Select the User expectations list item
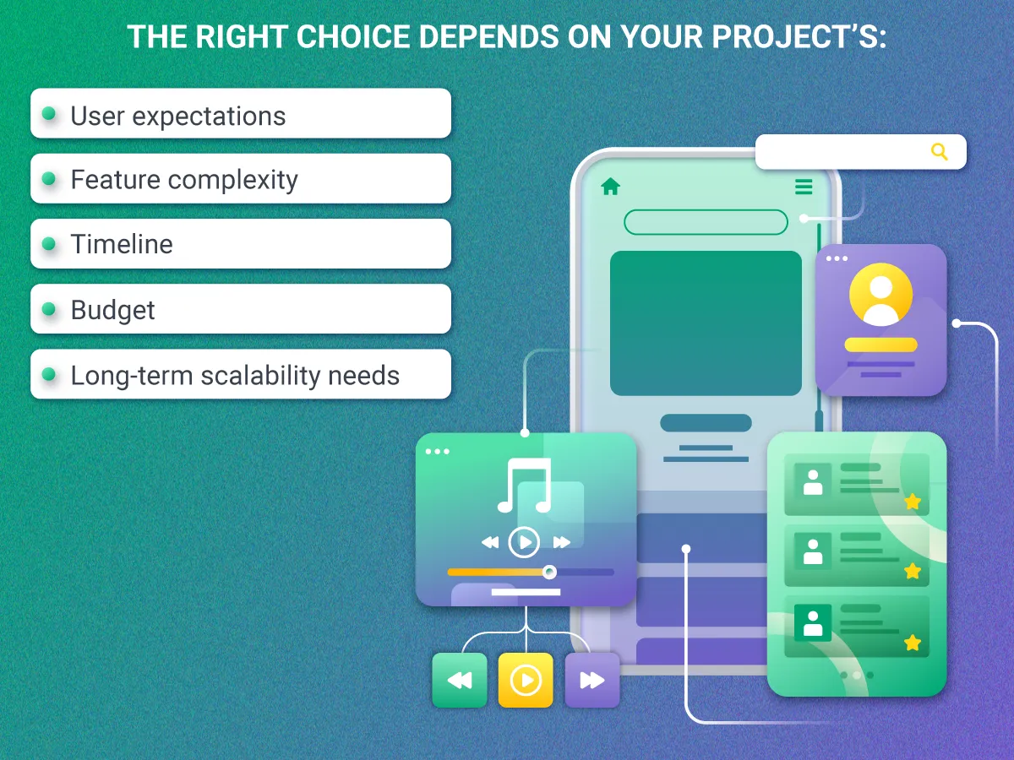click(240, 114)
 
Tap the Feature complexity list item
click(240, 179)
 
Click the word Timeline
click(122, 244)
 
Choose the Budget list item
click(240, 309)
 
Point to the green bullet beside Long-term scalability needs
click(49, 374)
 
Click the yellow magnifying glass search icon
click(939, 152)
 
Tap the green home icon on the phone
click(610, 187)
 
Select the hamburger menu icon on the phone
click(803, 187)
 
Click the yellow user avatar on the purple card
click(880, 295)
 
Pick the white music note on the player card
click(525, 486)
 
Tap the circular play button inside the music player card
click(524, 541)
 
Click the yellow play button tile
click(525, 680)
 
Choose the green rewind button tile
click(460, 680)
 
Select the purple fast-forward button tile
click(591, 680)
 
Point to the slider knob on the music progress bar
click(549, 572)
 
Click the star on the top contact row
click(912, 502)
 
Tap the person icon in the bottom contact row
click(813, 623)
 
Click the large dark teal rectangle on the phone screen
click(706, 323)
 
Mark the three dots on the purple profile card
click(837, 258)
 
